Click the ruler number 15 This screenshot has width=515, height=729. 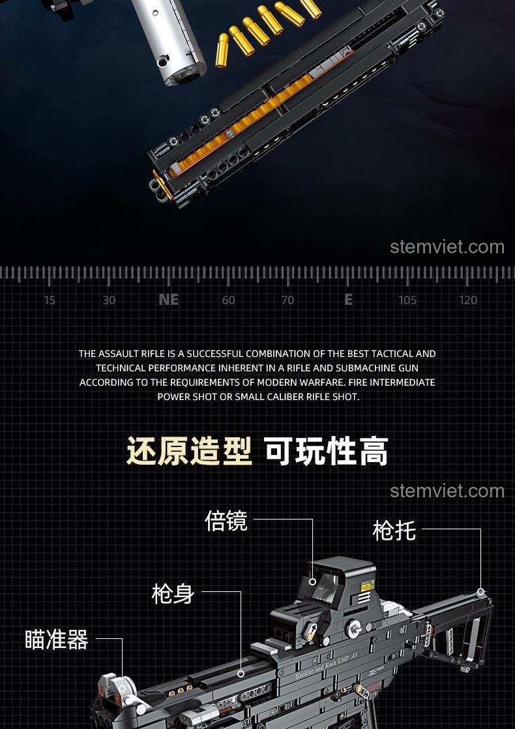tap(50, 300)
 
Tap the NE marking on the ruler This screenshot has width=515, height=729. tap(169, 300)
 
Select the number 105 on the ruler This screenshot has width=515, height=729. tap(407, 300)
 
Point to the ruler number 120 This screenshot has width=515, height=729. tap(468, 300)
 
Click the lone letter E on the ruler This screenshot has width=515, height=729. tap(348, 300)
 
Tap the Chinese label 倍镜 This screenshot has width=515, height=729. tap(226, 521)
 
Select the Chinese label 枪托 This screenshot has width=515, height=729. tap(394, 531)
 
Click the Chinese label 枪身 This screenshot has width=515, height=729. tap(173, 594)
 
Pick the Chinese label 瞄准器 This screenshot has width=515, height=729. tap(57, 640)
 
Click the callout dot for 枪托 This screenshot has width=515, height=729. tap(480, 592)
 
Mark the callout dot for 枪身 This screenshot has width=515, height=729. tap(241, 674)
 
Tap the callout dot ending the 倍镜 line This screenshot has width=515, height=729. tap(312, 582)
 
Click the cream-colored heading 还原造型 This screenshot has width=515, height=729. tap(190, 451)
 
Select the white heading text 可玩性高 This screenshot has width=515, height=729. tap(327, 451)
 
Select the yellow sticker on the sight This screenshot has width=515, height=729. tap(368, 586)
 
